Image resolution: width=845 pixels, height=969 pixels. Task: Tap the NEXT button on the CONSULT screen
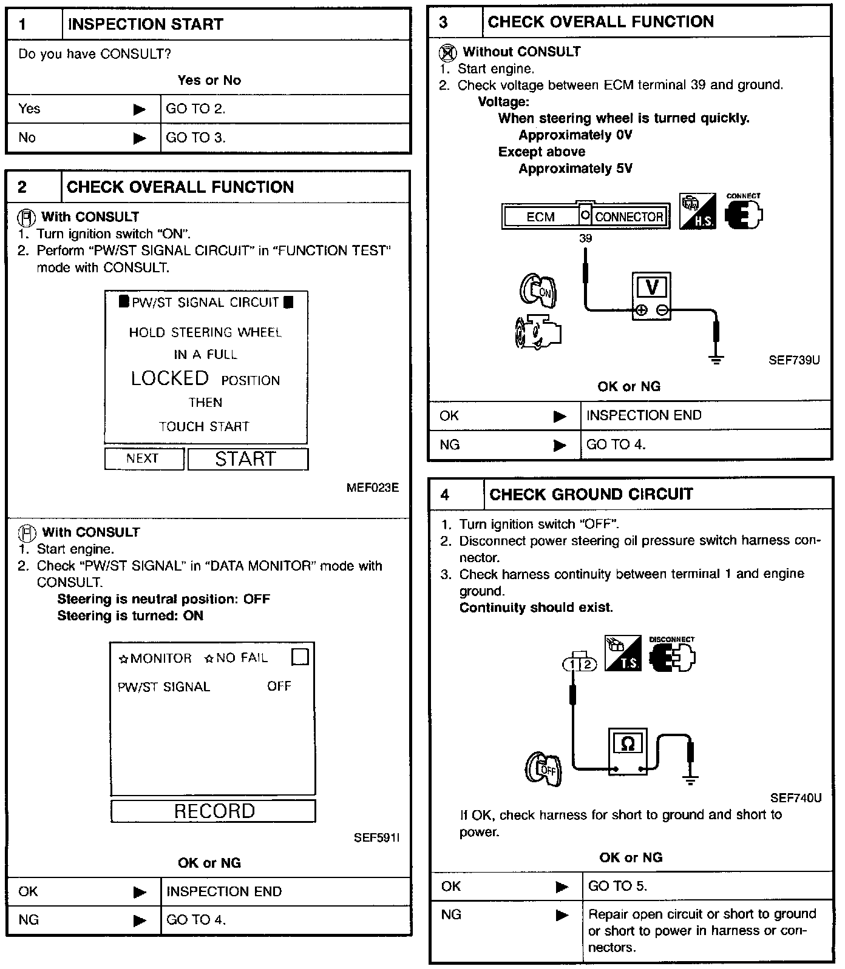point(143,458)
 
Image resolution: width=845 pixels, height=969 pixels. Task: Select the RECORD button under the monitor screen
point(214,811)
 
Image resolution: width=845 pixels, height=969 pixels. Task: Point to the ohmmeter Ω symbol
point(628,743)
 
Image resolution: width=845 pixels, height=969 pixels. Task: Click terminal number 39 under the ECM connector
point(585,238)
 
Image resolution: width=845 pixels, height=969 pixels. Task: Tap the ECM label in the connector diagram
point(540,217)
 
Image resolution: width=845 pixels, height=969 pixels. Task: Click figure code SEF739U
point(794,360)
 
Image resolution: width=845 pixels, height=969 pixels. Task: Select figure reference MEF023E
point(373,488)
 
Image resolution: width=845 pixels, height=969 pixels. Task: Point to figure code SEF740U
point(796,798)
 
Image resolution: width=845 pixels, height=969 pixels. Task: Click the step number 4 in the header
point(445,495)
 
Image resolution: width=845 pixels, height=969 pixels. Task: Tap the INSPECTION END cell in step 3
point(643,415)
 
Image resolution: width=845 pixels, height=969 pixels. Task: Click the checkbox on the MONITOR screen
point(300,657)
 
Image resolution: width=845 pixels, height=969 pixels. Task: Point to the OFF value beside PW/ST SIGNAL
point(279,686)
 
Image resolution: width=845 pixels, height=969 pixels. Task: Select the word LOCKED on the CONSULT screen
point(170,378)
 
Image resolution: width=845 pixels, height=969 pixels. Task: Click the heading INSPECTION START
point(146,25)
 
